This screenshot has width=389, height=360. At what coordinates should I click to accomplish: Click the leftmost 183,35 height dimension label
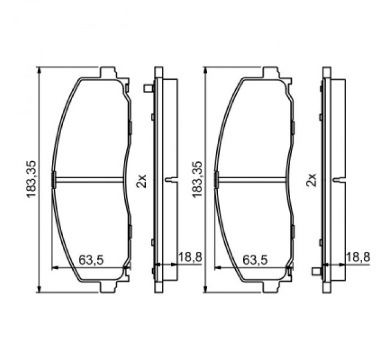click(x=32, y=179)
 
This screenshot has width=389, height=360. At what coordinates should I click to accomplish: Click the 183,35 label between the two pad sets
click(x=199, y=179)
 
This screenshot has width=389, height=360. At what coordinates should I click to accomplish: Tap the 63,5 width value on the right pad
click(x=255, y=259)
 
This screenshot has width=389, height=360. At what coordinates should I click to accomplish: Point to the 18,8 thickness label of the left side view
click(x=190, y=258)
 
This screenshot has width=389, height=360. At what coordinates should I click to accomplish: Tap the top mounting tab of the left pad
click(x=109, y=73)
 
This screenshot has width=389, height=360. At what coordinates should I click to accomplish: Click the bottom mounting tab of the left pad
click(x=109, y=286)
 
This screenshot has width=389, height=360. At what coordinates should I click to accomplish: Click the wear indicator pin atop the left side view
click(x=148, y=88)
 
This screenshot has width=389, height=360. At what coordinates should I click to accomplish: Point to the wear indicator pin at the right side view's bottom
click(x=316, y=271)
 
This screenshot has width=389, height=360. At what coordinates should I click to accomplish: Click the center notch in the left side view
click(x=170, y=179)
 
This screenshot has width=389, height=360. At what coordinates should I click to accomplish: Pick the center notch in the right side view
click(x=338, y=179)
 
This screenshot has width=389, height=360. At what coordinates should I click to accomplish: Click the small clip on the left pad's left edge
click(x=54, y=179)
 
